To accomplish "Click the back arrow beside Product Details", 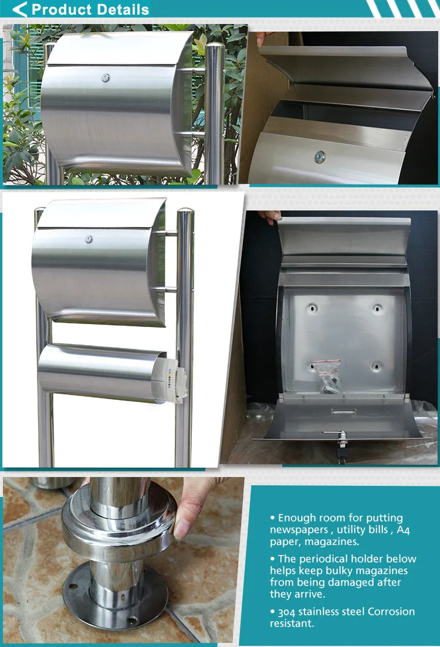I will pos(19,9).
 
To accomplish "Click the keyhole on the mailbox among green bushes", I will pos(106,77).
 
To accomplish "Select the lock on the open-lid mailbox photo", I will pos(320,156).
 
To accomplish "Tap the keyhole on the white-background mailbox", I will pos(89,239).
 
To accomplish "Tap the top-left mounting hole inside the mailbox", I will pos(312,308).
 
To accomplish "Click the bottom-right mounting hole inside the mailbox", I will pos(375,367).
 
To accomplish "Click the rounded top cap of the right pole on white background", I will pos(185,212).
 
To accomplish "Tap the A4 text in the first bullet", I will pos(404,530).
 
